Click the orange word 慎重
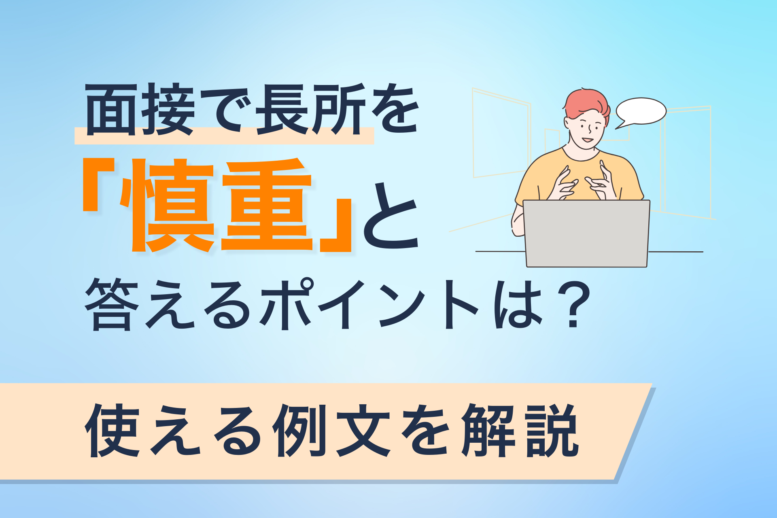pyautogui.click(x=221, y=205)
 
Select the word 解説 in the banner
pyautogui.click(x=520, y=431)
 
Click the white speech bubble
pyautogui.click(x=641, y=111)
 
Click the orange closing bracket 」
pyautogui.click(x=336, y=225)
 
